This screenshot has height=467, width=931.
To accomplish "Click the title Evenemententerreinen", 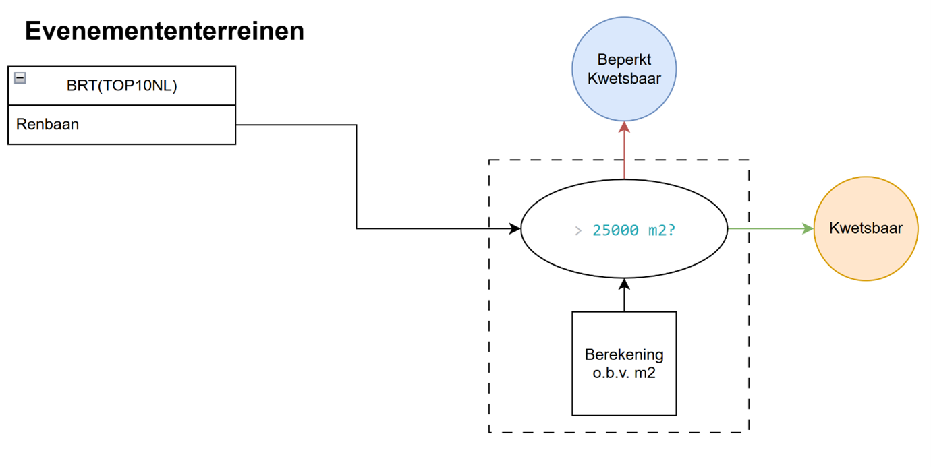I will point(165,31).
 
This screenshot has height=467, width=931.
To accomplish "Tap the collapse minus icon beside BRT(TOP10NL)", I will point(20,78).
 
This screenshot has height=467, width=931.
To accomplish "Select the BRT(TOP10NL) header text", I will point(121,86).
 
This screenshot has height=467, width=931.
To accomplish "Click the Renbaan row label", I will point(47,124).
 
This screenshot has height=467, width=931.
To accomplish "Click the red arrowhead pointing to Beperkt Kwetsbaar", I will point(624,127).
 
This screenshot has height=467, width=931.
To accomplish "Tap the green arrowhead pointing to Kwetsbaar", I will point(808,228).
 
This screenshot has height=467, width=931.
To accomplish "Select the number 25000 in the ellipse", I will point(615,230).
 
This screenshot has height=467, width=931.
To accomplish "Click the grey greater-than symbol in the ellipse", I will point(578,230).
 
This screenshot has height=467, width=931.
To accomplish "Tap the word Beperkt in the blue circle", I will point(624,60).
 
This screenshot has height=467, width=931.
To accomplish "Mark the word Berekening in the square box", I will point(624,354).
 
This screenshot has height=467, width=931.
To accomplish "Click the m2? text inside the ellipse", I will point(660,230).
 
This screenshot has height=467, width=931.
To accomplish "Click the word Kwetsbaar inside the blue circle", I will point(624,78).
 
